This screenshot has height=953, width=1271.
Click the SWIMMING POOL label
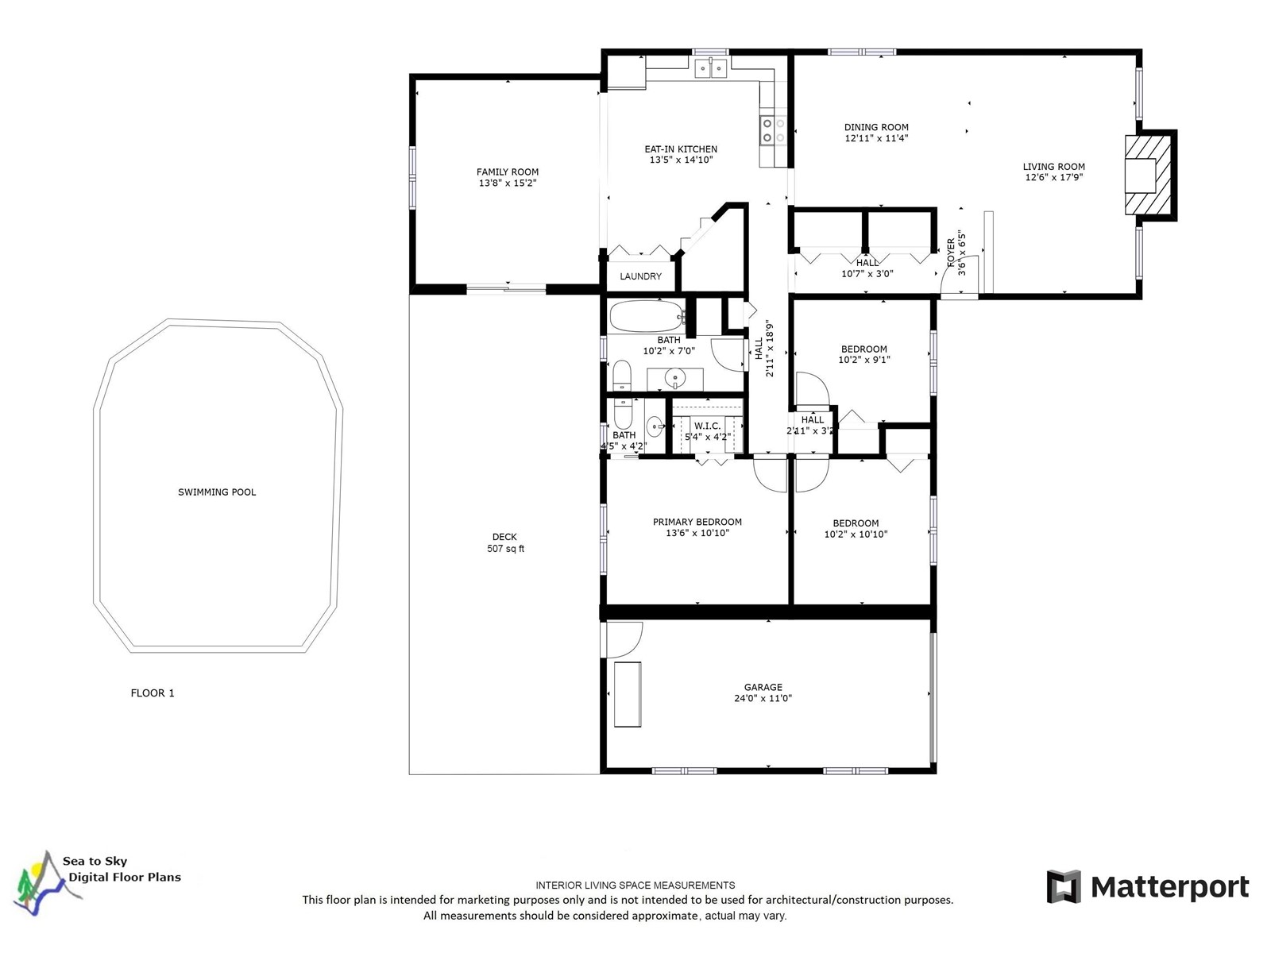(x=217, y=492)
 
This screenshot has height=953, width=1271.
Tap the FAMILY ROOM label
(x=508, y=172)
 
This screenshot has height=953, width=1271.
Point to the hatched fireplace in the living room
(x=1147, y=176)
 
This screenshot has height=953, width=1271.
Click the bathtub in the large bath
(x=647, y=316)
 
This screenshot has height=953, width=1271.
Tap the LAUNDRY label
(x=640, y=276)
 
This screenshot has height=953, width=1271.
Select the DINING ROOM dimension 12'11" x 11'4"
(x=876, y=138)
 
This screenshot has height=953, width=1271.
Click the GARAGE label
(x=763, y=687)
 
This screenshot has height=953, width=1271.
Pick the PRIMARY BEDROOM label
(x=697, y=522)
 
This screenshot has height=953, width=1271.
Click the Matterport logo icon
(x=1064, y=886)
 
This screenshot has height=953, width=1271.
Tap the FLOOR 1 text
(x=153, y=693)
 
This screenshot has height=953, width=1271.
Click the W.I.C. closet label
(x=707, y=426)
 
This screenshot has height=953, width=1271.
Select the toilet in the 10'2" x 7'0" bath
(x=623, y=376)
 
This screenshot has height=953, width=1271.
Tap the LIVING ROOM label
(x=1053, y=167)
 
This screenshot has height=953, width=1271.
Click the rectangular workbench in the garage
(x=628, y=694)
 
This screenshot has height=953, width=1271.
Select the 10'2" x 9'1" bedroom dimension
(x=864, y=359)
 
